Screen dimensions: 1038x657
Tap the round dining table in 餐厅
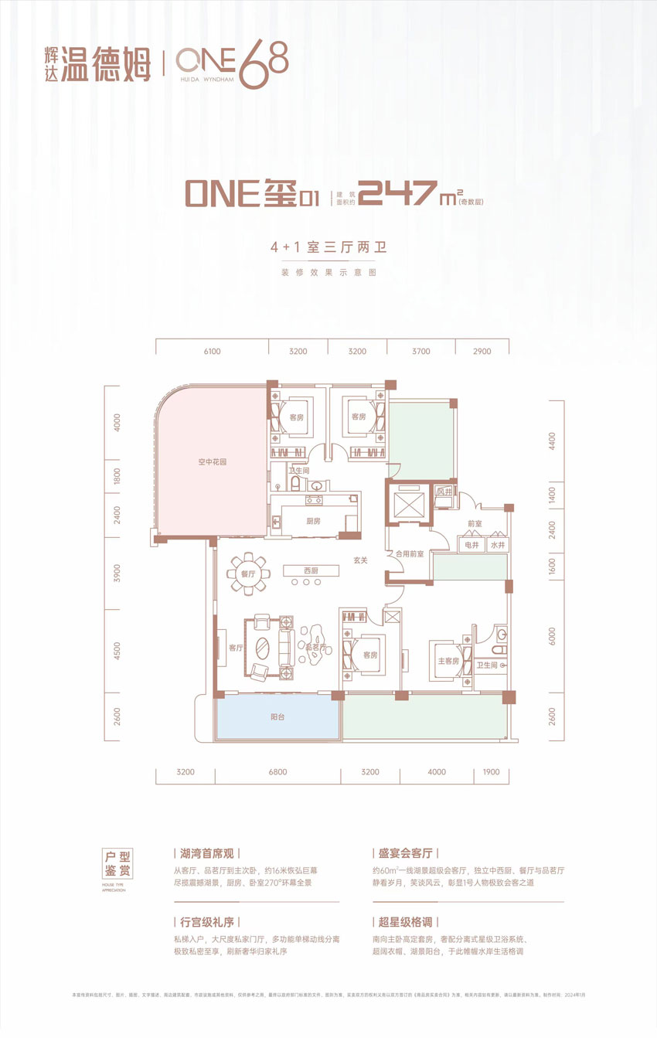(x=249, y=573)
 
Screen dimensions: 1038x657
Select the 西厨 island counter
(x=311, y=570)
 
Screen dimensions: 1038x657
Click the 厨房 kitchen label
(x=313, y=521)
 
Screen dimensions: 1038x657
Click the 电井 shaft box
(x=472, y=546)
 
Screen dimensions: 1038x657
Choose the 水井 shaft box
(x=497, y=546)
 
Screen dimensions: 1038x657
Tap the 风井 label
(x=444, y=491)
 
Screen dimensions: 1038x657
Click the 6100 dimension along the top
(x=213, y=352)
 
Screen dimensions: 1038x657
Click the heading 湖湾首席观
(x=202, y=854)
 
